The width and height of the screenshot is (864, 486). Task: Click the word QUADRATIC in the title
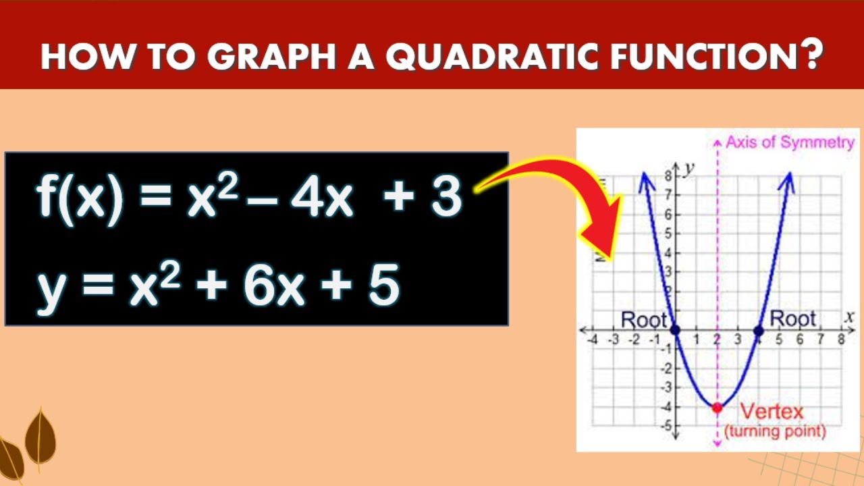(x=491, y=57)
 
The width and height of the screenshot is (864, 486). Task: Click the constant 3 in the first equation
(x=446, y=197)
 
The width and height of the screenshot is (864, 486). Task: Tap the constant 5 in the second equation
(x=384, y=286)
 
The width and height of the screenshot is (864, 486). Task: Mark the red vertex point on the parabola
(x=717, y=408)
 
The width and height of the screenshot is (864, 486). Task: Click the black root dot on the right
(x=758, y=331)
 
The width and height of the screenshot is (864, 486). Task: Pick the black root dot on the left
(x=676, y=331)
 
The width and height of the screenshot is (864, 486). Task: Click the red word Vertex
(x=772, y=411)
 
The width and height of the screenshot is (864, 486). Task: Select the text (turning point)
(x=775, y=431)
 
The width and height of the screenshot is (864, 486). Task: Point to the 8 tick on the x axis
(x=841, y=340)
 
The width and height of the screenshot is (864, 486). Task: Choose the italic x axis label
(x=849, y=316)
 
